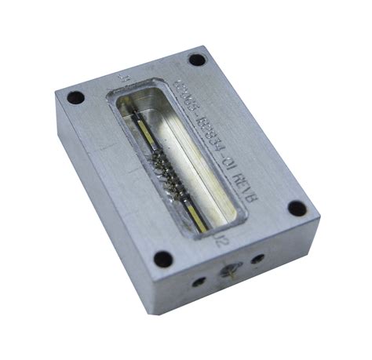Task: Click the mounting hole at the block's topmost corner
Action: coord(196,60)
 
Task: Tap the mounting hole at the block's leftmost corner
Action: coord(75,99)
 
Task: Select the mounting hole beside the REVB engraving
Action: coord(296,208)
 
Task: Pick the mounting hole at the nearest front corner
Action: coord(162,257)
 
